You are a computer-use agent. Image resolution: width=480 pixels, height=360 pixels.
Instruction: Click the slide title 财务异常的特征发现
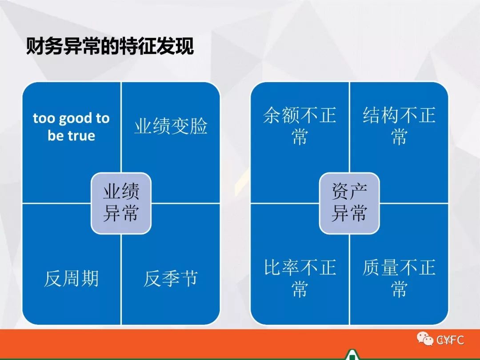[110, 47]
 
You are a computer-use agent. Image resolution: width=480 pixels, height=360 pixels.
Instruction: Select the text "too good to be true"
[71, 127]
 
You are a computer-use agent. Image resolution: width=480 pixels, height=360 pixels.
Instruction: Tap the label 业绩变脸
[171, 126]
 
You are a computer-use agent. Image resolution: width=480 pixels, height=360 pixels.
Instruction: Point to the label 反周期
[71, 278]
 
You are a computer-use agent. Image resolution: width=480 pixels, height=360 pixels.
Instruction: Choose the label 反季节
[171, 278]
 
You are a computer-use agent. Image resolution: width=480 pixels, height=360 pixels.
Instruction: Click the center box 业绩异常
[121, 203]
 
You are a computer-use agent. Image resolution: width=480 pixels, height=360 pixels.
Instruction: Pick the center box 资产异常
[349, 203]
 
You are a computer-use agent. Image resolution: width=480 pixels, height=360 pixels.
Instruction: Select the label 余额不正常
[300, 125]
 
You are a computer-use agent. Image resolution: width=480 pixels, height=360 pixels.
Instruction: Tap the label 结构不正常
[399, 125]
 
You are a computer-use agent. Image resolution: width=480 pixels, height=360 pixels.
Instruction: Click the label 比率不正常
[300, 278]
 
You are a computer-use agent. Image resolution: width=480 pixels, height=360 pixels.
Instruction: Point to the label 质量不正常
[399, 278]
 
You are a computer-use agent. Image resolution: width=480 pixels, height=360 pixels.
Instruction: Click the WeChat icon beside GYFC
[425, 339]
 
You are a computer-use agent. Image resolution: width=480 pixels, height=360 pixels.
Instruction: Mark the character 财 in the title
[35, 47]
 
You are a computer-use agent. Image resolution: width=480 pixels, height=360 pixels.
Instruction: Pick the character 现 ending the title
[185, 47]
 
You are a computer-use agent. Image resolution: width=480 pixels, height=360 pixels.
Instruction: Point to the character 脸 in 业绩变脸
[199, 126]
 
